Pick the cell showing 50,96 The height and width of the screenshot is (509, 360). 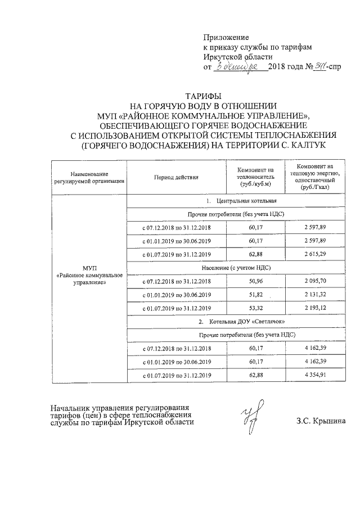click(x=255, y=281)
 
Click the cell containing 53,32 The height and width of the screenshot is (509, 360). click(x=255, y=308)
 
